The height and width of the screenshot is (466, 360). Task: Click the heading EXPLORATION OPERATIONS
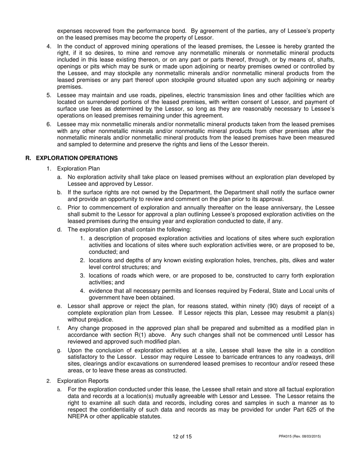click(x=77, y=158)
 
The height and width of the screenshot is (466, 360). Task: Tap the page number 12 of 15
click(x=182, y=436)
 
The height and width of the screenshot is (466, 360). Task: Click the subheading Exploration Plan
click(x=78, y=169)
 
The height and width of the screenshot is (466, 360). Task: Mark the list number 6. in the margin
click(x=49, y=124)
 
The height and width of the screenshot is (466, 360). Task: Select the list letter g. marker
click(x=59, y=350)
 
